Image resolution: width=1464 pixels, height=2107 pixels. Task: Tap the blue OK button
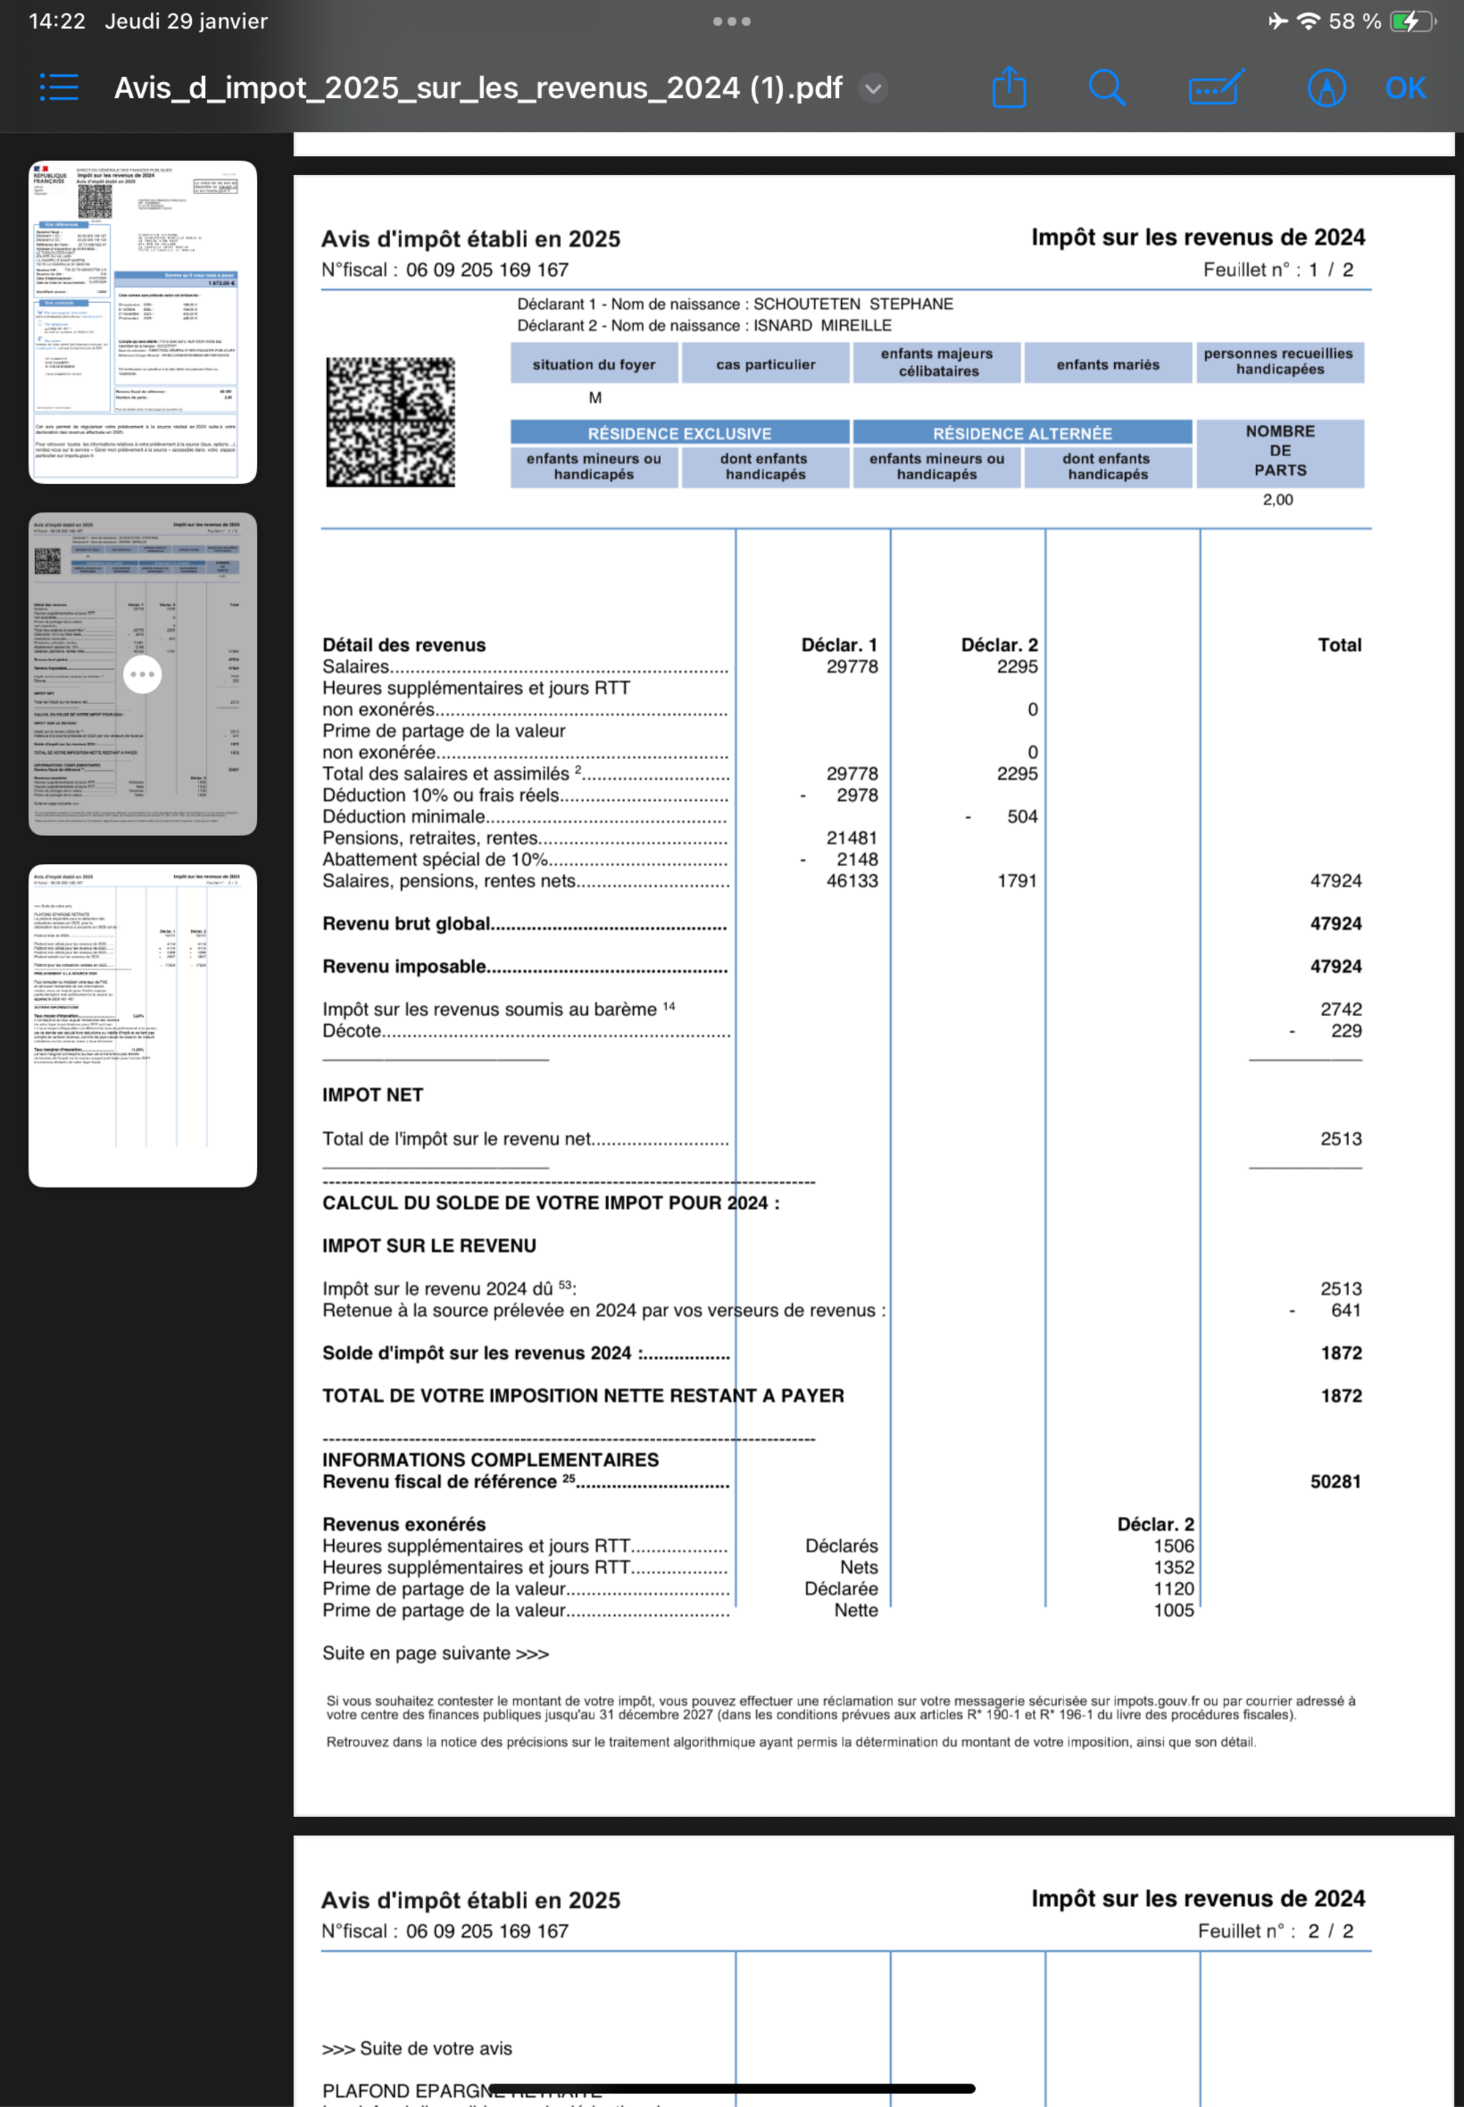[x=1405, y=88]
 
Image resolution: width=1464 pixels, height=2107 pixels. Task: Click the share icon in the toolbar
[x=1009, y=88]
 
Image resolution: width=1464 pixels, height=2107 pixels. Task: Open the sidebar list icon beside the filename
[x=59, y=88]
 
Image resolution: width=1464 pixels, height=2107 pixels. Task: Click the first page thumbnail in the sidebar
[x=142, y=321]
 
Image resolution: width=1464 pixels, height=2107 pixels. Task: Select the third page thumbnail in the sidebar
[x=142, y=1025]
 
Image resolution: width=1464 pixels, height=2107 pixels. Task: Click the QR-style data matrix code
[x=391, y=421]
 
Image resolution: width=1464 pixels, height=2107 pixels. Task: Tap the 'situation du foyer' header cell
[x=594, y=364]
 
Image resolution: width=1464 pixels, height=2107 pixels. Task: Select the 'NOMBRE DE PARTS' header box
[x=1280, y=450]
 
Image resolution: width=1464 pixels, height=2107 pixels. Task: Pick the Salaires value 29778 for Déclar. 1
[x=851, y=667]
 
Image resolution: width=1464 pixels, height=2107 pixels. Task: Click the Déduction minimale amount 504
[x=1022, y=816]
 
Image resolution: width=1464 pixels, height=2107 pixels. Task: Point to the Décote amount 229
[x=1345, y=1031]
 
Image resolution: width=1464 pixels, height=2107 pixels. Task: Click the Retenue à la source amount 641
[x=1345, y=1310]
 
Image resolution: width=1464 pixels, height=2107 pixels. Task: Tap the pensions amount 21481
[x=851, y=838]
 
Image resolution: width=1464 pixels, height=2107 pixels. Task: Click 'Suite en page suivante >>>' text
[x=435, y=1653]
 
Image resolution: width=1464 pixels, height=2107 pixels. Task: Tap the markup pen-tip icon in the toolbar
[x=1326, y=88]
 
